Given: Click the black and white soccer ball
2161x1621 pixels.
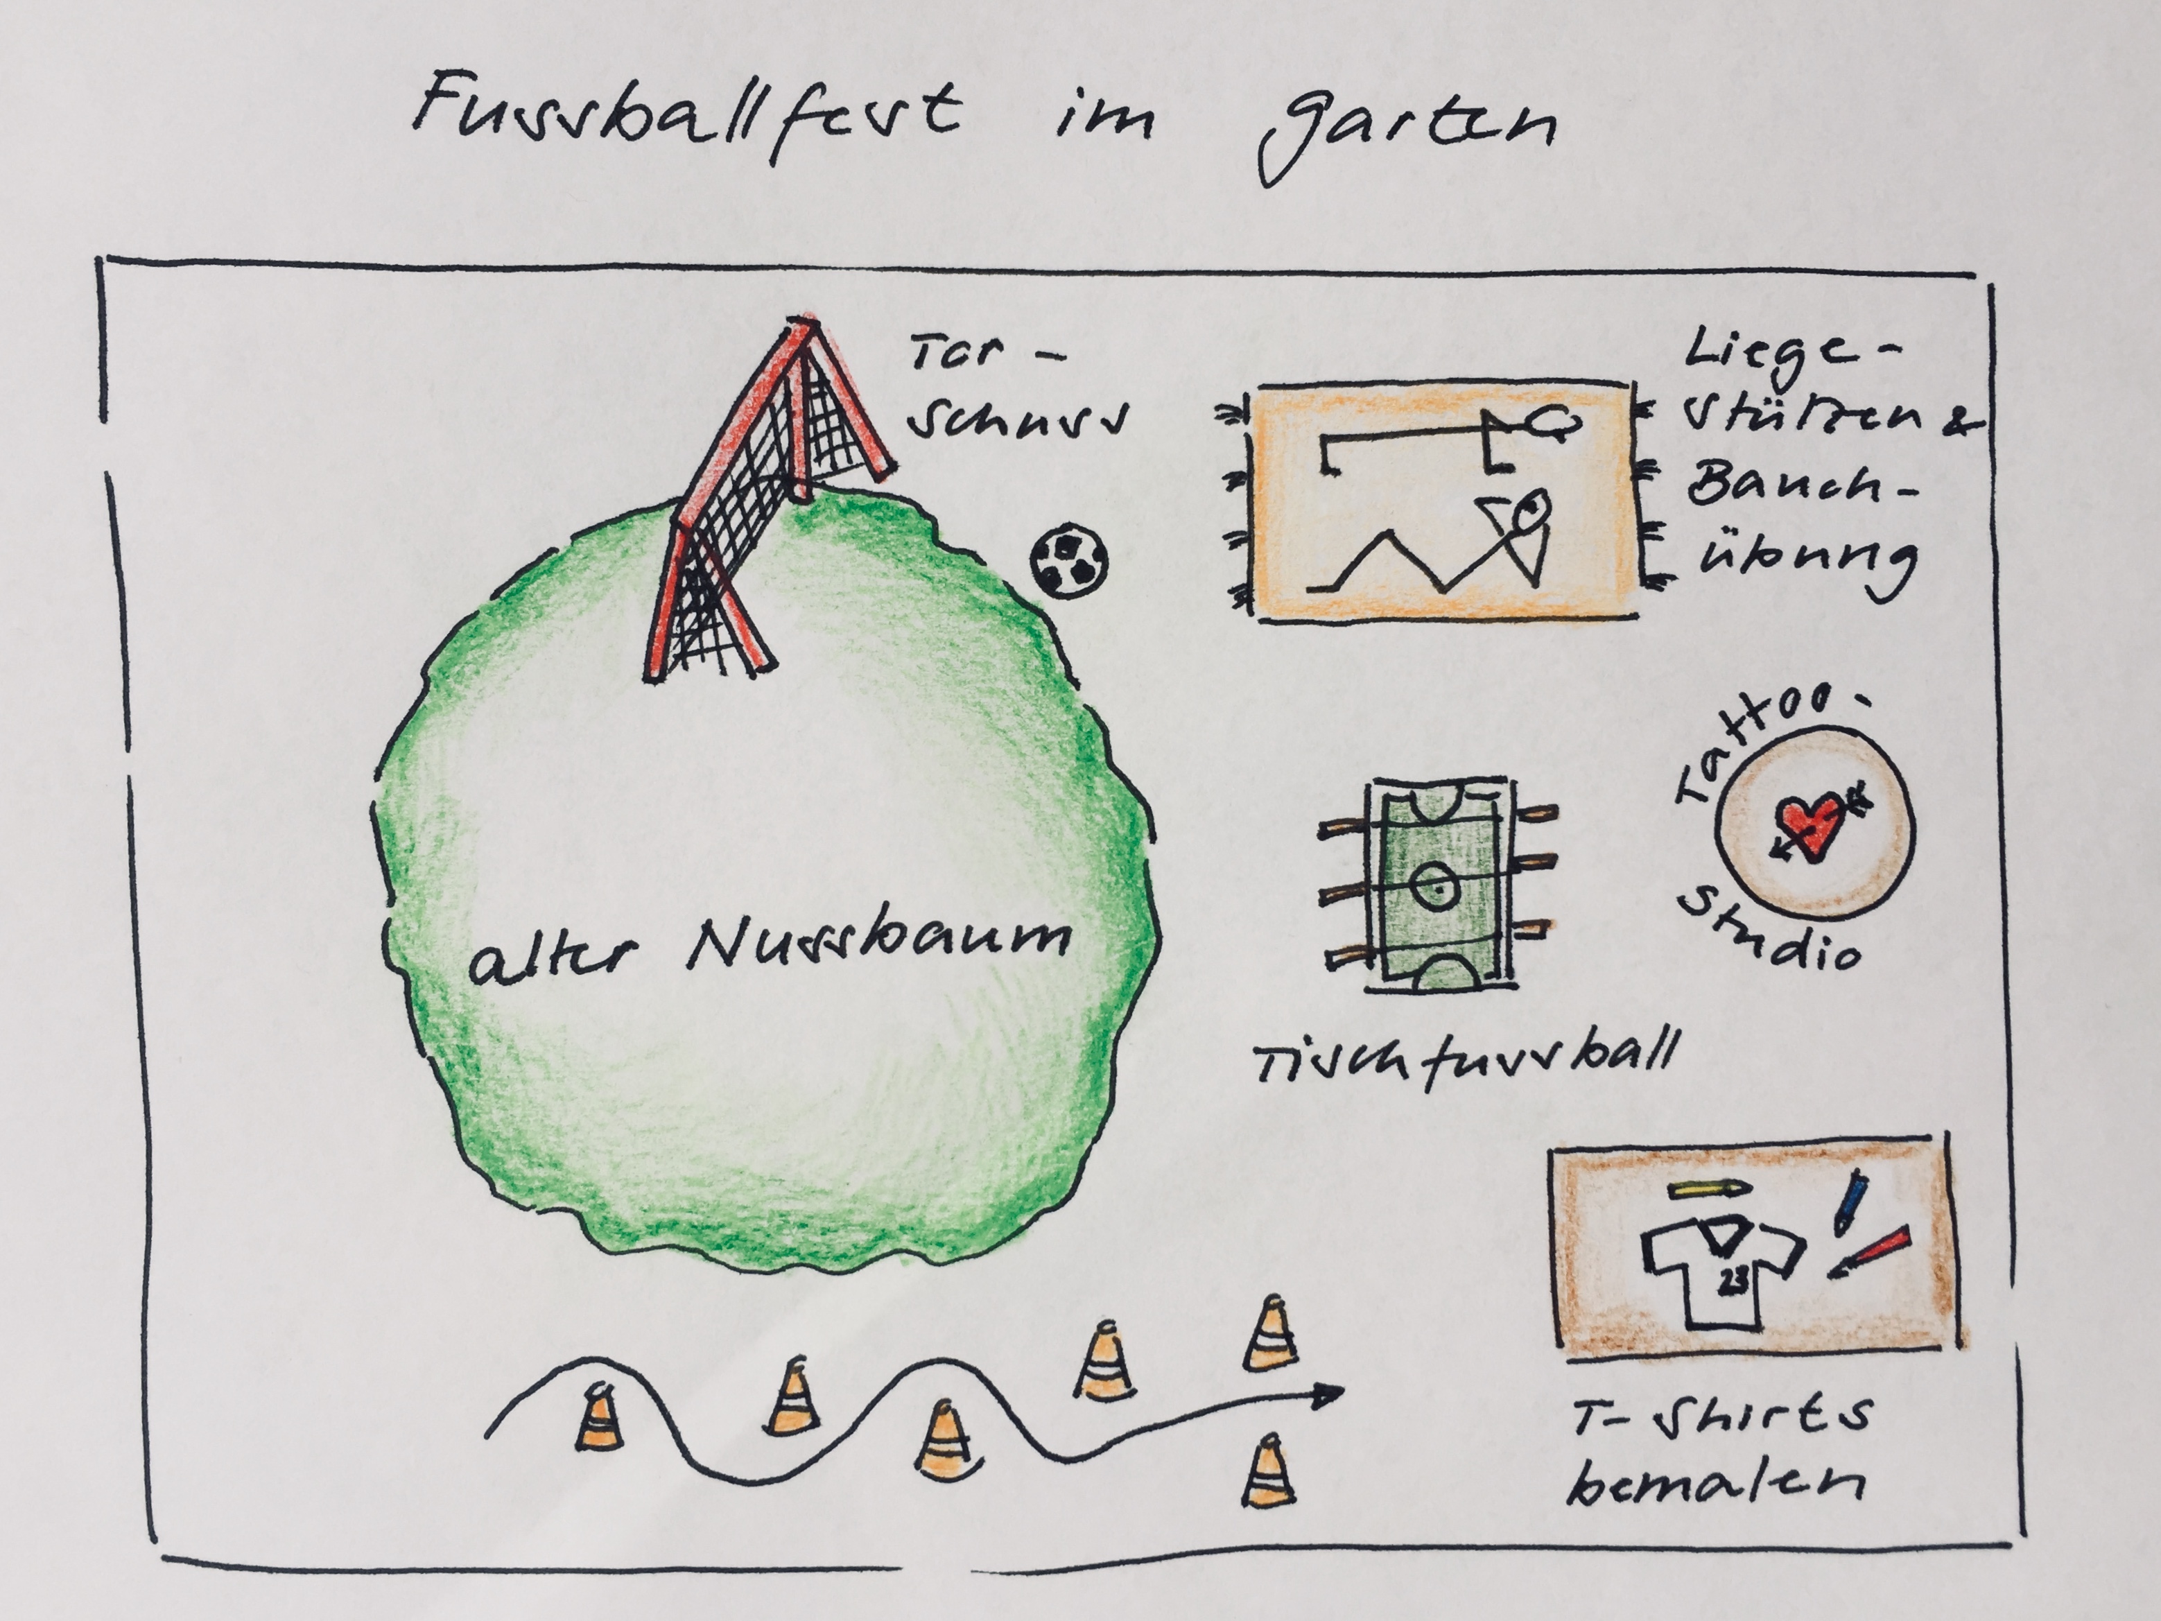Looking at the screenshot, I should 1070,561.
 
